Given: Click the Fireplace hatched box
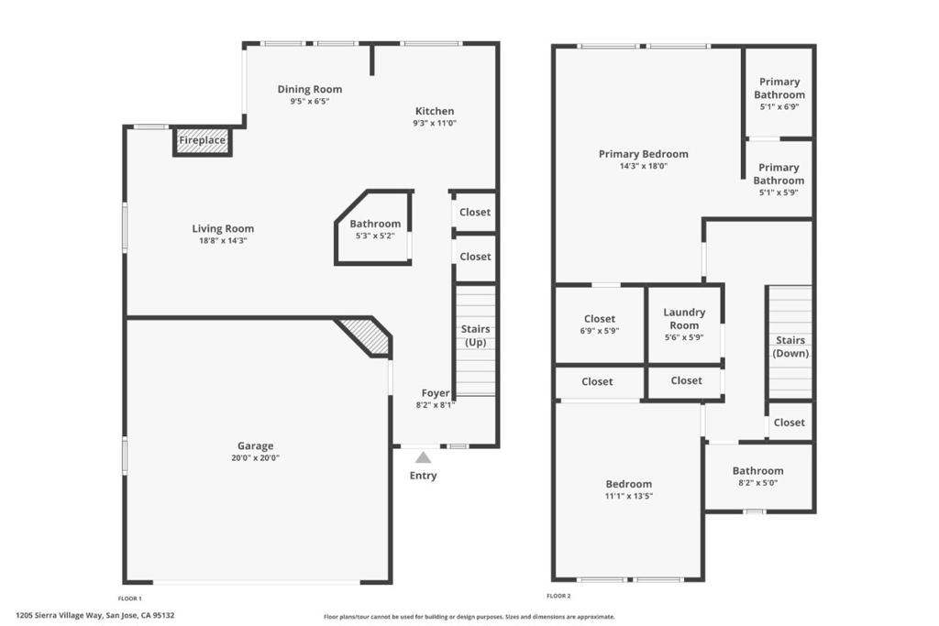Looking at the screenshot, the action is (x=203, y=140).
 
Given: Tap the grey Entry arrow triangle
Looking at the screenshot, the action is (x=424, y=457).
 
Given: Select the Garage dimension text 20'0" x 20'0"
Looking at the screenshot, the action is (x=256, y=458).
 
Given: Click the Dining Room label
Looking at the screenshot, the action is (x=310, y=89).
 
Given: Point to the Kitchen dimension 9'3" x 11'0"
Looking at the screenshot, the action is (x=435, y=123).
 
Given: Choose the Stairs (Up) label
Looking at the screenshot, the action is (x=476, y=335).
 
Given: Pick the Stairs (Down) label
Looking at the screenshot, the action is (x=790, y=346).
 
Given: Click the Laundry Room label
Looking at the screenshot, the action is (x=684, y=318).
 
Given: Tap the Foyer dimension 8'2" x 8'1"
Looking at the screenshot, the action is (x=436, y=404).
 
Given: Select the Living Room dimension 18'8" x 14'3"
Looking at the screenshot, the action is (x=224, y=240).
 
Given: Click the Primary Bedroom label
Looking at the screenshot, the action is (x=644, y=154).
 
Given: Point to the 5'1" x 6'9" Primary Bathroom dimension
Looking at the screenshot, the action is (x=779, y=106).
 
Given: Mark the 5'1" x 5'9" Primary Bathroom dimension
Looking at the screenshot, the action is (x=779, y=192).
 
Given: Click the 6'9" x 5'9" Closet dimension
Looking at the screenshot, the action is (x=600, y=330).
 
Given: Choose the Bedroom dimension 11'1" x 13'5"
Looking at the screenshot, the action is (x=629, y=496).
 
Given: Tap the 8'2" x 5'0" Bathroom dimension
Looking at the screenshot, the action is (x=758, y=482).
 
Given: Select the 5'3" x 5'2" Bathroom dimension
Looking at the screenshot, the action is (x=375, y=236).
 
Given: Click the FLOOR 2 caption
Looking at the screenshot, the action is (x=558, y=596).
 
